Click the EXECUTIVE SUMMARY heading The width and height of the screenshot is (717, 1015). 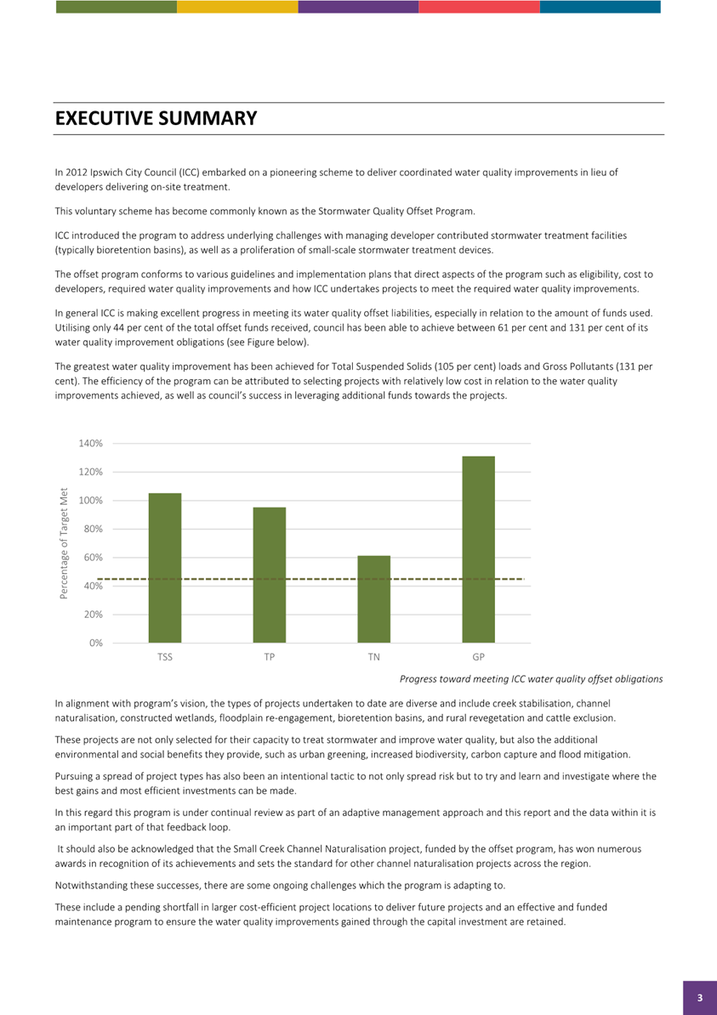pyautogui.click(x=156, y=118)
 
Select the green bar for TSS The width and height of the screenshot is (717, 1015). pyautogui.click(x=165, y=568)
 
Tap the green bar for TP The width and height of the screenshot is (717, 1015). pyautogui.click(x=269, y=575)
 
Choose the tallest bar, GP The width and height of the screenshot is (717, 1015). pyautogui.click(x=478, y=549)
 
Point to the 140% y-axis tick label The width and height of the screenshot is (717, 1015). pyautogui.click(x=90, y=444)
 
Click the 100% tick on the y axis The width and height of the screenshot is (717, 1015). pyautogui.click(x=90, y=501)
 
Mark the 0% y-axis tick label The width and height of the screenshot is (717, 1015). pyautogui.click(x=95, y=643)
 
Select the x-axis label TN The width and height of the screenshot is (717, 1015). pyautogui.click(x=373, y=658)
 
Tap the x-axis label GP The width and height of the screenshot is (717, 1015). pyautogui.click(x=478, y=658)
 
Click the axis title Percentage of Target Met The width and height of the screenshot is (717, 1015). pyautogui.click(x=64, y=542)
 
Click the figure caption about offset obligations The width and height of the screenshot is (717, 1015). pyautogui.click(x=531, y=679)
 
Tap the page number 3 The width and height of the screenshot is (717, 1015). pyautogui.click(x=700, y=998)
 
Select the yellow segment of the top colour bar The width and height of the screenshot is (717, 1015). pyautogui.click(x=237, y=7)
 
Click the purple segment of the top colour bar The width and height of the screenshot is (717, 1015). pyautogui.click(x=358, y=7)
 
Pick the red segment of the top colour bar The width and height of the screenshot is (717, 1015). pyautogui.click(x=479, y=7)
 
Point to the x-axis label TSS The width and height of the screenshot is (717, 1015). pyautogui.click(x=165, y=658)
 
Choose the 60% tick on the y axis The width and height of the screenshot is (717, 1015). pyautogui.click(x=92, y=558)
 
